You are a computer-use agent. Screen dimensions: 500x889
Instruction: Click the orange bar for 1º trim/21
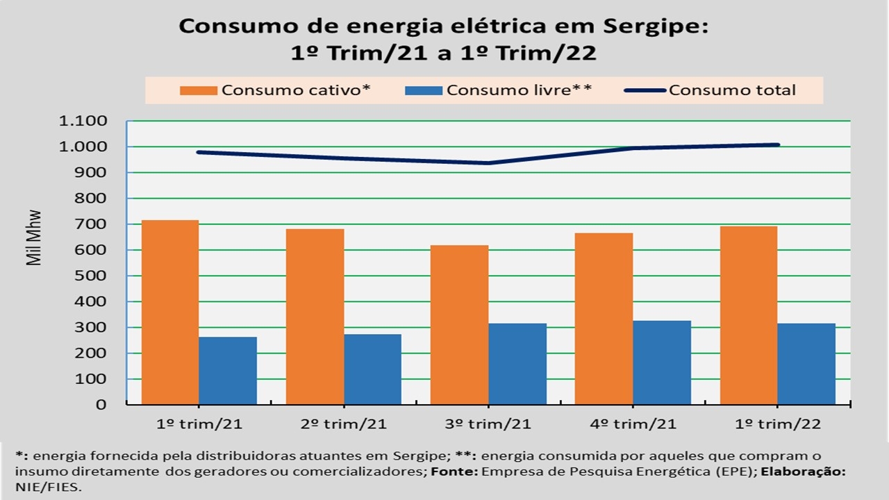pyautogui.click(x=170, y=312)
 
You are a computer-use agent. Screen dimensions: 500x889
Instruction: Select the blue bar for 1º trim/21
pyautogui.click(x=228, y=370)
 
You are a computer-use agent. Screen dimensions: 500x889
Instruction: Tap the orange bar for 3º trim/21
pyautogui.click(x=459, y=324)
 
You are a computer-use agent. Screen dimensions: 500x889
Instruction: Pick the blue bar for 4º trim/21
pyautogui.click(x=662, y=362)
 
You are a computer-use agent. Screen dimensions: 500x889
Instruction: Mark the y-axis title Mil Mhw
pyautogui.click(x=33, y=237)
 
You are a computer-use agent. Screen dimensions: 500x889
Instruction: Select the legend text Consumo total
pyautogui.click(x=733, y=90)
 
